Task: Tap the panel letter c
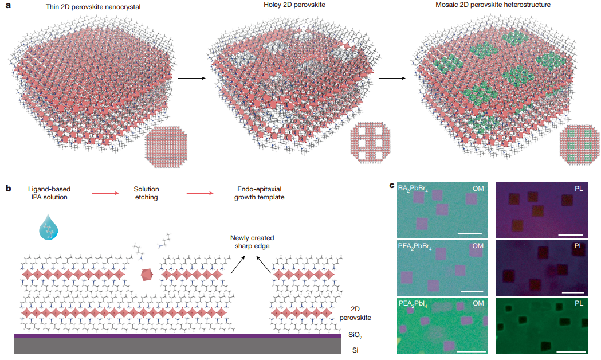click(391, 186)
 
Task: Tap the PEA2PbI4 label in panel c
click(414, 303)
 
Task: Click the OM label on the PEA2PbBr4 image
click(477, 246)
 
